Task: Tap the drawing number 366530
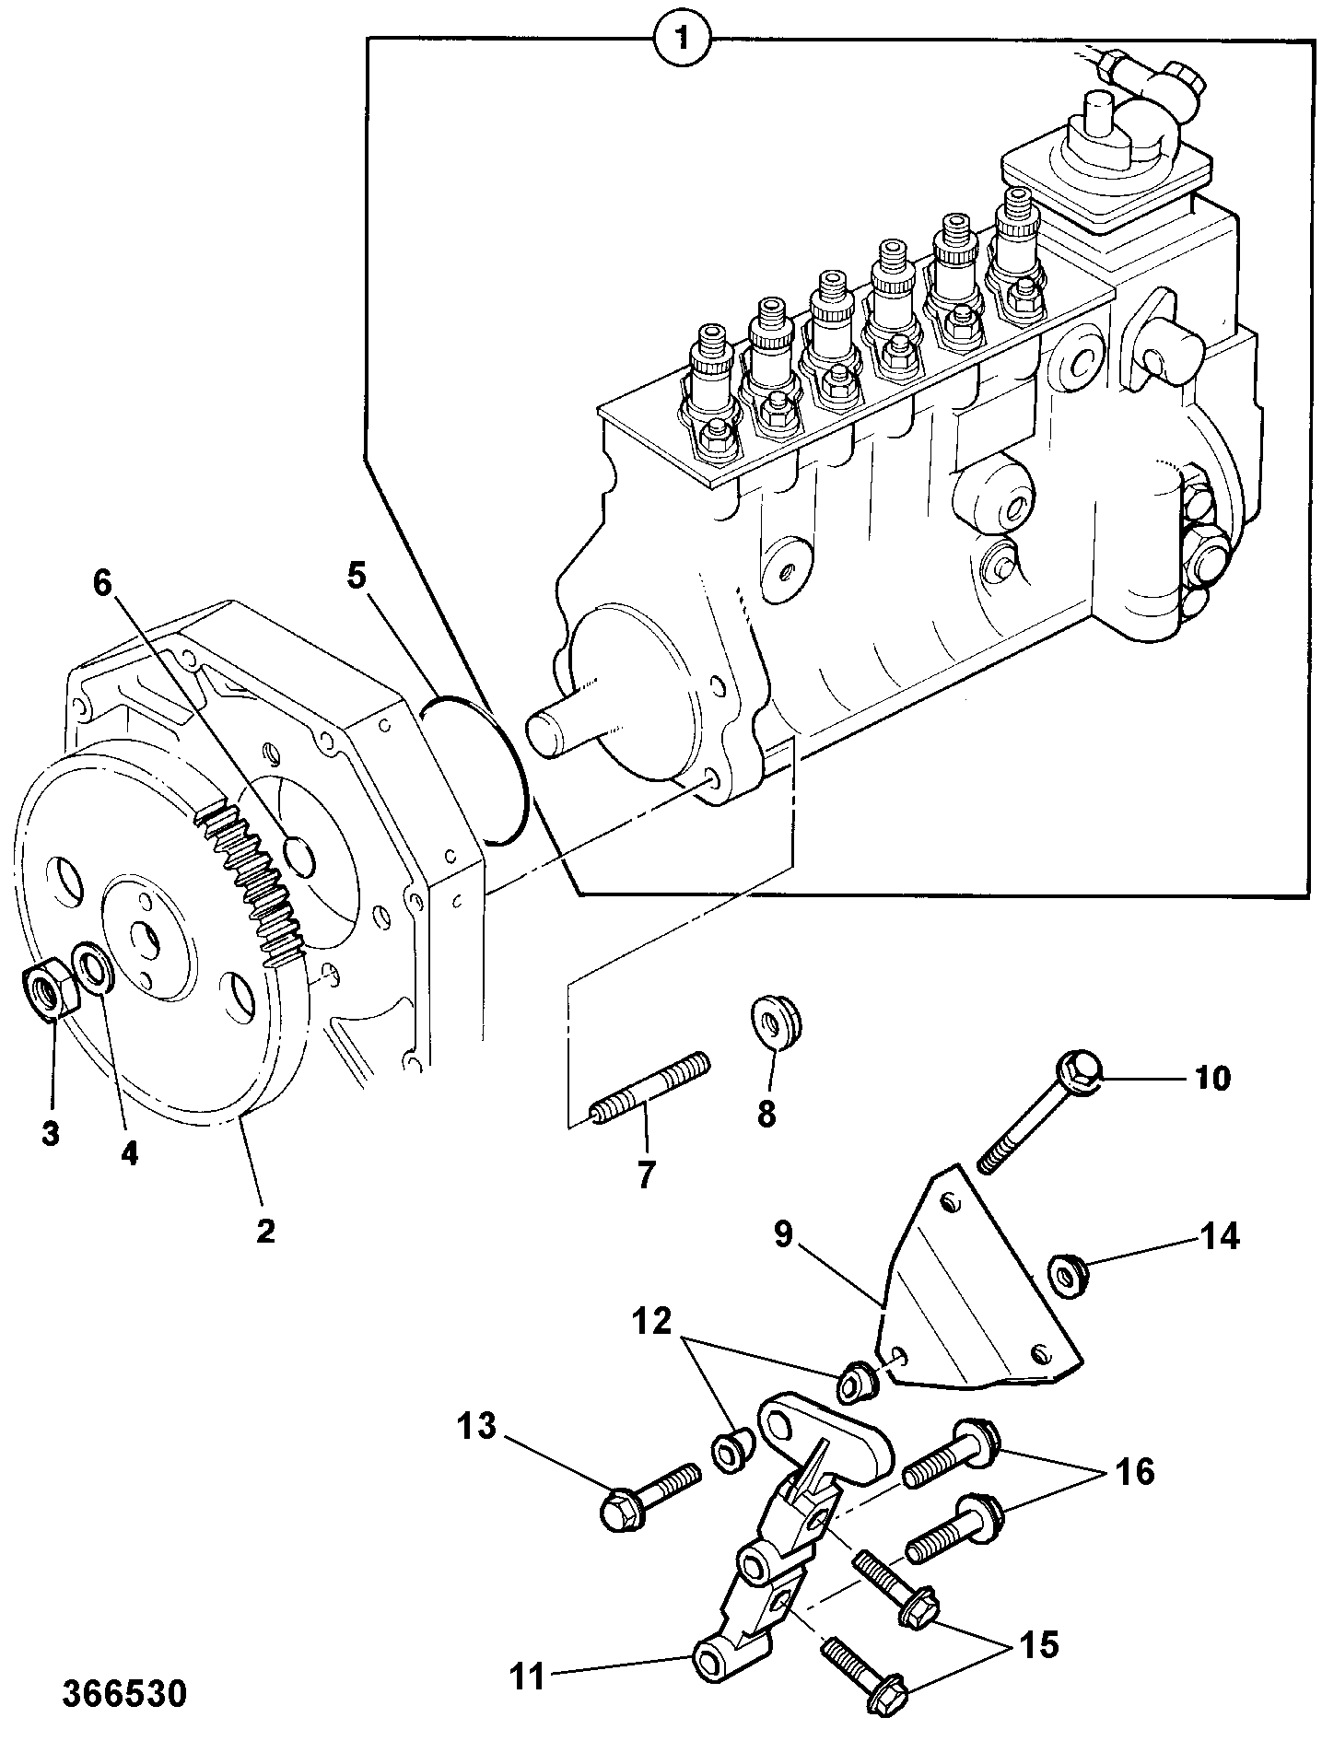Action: click(124, 1694)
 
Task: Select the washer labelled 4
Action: click(92, 969)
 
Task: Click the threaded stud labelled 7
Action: click(650, 1092)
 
